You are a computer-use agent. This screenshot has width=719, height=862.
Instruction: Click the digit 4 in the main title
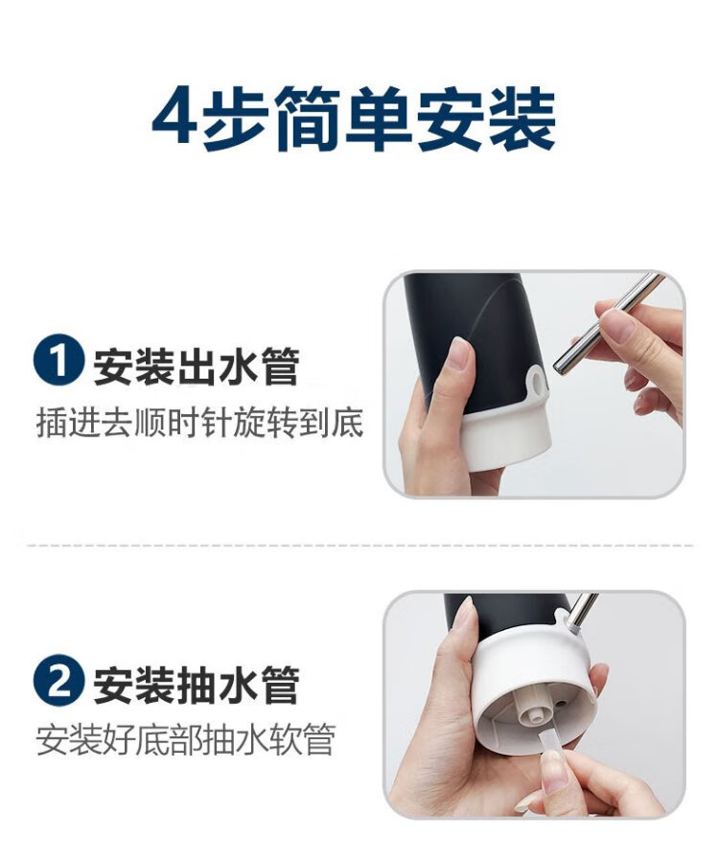tap(174, 117)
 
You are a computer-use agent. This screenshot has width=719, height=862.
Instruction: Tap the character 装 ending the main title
tap(522, 118)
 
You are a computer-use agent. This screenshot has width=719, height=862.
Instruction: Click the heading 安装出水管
tap(196, 365)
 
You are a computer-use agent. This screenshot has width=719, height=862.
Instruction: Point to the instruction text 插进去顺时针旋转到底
tap(199, 422)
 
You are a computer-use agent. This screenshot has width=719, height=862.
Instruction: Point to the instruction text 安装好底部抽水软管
tap(186, 739)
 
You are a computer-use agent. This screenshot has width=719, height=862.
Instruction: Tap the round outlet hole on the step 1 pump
tap(538, 381)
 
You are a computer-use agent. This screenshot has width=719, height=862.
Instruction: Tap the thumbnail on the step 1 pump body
tap(458, 354)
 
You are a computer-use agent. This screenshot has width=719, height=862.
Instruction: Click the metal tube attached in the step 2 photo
tap(582, 613)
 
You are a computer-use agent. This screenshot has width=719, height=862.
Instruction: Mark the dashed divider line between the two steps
tap(360, 546)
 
